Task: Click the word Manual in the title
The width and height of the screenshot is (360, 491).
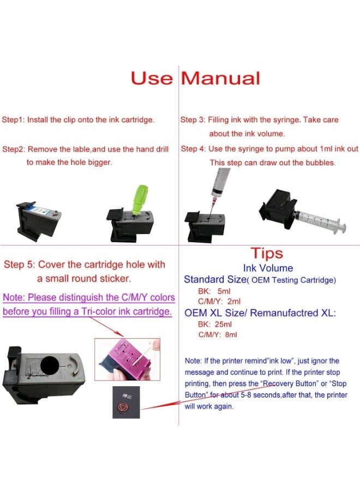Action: (220, 78)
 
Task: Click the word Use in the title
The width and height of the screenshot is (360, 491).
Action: (151, 78)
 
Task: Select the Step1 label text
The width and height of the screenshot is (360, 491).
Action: (13, 119)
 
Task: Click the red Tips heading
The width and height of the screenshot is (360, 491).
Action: (267, 253)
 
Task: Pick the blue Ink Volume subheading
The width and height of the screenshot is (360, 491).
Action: (268, 268)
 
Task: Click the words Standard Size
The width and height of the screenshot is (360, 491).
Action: (215, 280)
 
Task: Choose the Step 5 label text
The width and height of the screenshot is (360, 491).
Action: (19, 265)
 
